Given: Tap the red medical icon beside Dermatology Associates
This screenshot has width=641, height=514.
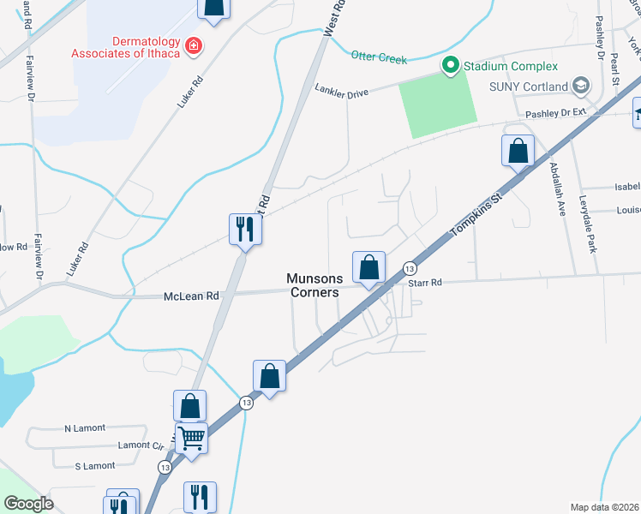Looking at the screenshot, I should (195, 45).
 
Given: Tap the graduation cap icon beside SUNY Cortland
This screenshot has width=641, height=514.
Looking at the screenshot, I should (582, 86).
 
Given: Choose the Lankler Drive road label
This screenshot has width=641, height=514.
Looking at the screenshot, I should (341, 90).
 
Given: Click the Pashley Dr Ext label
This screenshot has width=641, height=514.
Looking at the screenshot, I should (555, 112).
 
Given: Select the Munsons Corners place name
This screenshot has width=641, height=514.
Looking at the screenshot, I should (315, 285).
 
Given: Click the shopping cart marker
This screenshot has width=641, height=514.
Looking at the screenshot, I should (191, 439).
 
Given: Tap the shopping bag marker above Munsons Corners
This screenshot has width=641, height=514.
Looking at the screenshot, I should (368, 267).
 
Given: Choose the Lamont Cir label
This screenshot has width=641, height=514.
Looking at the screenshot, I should (141, 445).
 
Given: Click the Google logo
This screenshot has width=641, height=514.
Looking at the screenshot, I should (29, 504).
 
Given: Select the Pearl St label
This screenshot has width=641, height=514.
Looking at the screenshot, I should (615, 68).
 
